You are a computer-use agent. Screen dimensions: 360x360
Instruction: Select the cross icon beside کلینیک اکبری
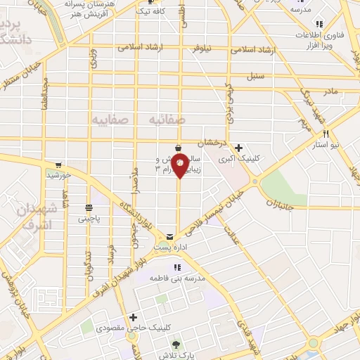239,148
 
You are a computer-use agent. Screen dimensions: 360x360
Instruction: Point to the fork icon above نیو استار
326,133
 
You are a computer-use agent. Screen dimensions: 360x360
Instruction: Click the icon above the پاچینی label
89,207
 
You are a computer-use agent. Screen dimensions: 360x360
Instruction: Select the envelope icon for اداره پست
169,236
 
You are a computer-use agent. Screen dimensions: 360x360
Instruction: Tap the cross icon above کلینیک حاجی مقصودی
133,318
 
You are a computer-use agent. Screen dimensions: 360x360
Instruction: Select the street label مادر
330,91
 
